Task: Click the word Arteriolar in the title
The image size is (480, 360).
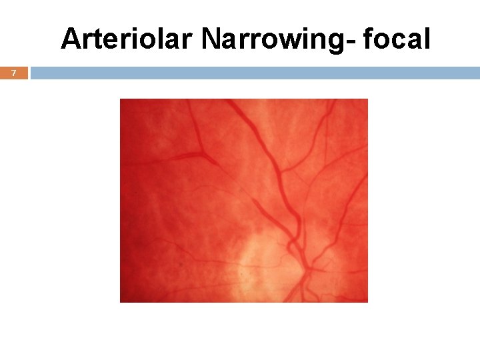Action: [x=127, y=40]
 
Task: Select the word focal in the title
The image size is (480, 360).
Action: [x=398, y=40]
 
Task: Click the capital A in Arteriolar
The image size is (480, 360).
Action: [x=71, y=41]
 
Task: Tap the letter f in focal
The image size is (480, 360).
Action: [x=371, y=40]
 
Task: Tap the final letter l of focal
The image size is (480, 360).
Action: [x=427, y=40]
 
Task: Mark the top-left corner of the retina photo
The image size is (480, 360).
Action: [x=120, y=99]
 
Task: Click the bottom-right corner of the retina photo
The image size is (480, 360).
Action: [x=367, y=302]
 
